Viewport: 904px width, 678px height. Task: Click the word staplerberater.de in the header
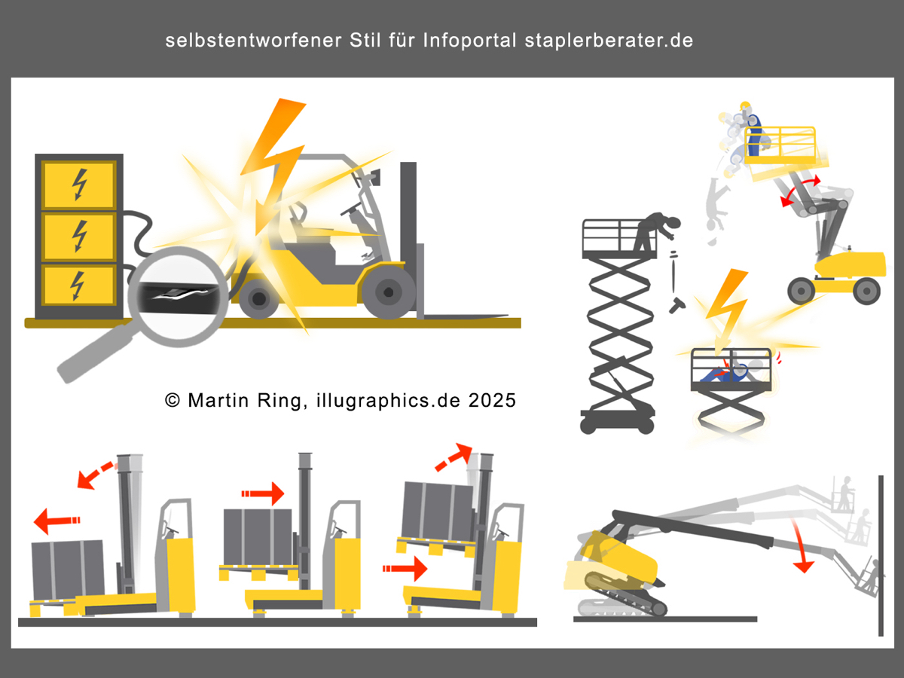point(609,41)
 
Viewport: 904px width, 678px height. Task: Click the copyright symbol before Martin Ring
point(173,400)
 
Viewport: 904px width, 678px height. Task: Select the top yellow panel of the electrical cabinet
point(78,185)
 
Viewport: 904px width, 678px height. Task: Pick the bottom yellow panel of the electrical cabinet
point(78,286)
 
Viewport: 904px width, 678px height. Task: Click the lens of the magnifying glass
point(179,296)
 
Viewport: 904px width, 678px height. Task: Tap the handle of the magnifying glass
point(94,353)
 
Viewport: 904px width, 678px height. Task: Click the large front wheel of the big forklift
point(388,292)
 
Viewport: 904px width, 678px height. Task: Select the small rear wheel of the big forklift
point(258,298)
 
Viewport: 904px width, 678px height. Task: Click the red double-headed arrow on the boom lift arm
point(800,190)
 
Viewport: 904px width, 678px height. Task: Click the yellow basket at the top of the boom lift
point(780,146)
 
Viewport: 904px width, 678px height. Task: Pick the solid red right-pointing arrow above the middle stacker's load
point(263,493)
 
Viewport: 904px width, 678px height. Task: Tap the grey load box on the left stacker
point(68,570)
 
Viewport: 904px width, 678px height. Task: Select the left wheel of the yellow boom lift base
point(801,291)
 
